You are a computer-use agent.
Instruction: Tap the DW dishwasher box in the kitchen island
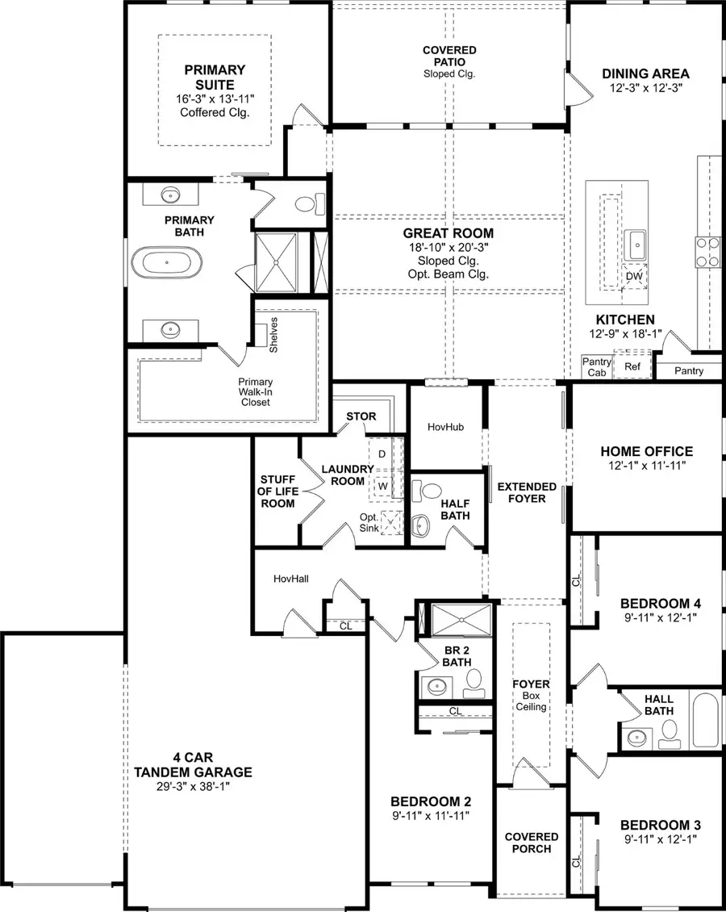pyautogui.click(x=635, y=277)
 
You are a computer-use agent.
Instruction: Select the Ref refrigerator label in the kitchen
pyautogui.click(x=632, y=366)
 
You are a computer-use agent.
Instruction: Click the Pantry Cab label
pyautogui.click(x=597, y=367)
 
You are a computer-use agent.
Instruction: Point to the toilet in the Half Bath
pyautogui.click(x=431, y=491)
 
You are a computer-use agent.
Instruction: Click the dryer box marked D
pyautogui.click(x=382, y=454)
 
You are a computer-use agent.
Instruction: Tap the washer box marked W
pyautogui.click(x=382, y=487)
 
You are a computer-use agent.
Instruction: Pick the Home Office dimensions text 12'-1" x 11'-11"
pyautogui.click(x=646, y=466)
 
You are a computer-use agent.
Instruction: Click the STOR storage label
pyautogui.click(x=361, y=416)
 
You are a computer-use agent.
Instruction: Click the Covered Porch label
pyautogui.click(x=532, y=843)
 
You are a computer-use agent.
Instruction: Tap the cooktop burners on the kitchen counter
pyautogui.click(x=708, y=251)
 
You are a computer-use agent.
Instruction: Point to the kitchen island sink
pyautogui.click(x=636, y=241)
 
